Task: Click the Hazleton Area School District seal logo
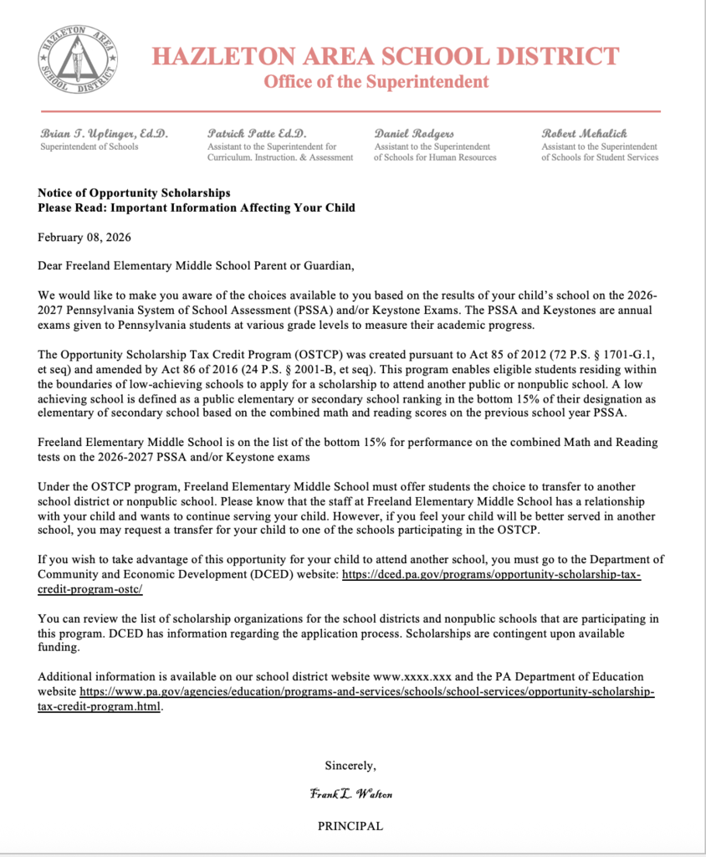click(x=76, y=58)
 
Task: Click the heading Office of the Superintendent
click(x=376, y=82)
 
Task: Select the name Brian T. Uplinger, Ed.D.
click(x=104, y=133)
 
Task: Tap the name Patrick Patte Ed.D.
click(x=257, y=133)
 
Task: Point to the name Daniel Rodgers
click(x=414, y=133)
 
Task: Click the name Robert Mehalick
click(x=584, y=133)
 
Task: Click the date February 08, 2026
click(x=84, y=237)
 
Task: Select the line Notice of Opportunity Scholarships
click(x=134, y=192)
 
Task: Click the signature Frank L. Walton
click(x=350, y=794)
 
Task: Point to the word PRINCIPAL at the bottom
click(x=350, y=825)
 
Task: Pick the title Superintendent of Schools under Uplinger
click(x=90, y=146)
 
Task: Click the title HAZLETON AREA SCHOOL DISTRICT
click(x=385, y=56)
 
